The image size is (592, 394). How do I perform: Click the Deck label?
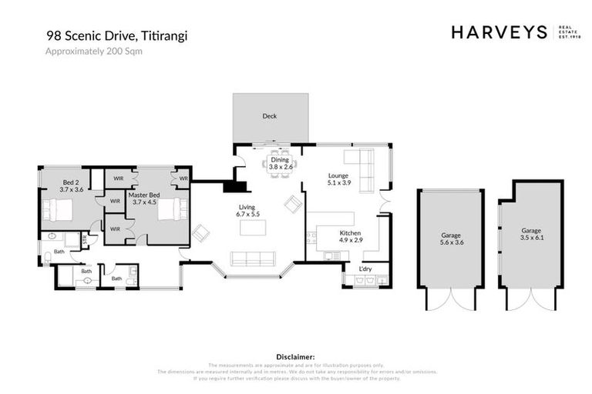[x=269, y=116]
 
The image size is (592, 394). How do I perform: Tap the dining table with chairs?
[x=276, y=164]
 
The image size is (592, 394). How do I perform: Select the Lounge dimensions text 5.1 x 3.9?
[x=339, y=183]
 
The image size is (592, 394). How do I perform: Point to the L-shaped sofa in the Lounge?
[x=362, y=165]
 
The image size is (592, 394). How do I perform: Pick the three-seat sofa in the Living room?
[x=252, y=258]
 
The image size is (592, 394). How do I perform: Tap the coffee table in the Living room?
[x=254, y=228]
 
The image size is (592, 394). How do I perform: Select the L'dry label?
[x=365, y=268]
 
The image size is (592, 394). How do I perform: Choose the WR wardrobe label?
[x=183, y=179]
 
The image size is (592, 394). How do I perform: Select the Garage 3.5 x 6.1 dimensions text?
[x=531, y=238]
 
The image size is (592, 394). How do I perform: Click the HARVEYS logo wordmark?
[x=499, y=32]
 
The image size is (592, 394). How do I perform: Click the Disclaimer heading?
[x=295, y=357]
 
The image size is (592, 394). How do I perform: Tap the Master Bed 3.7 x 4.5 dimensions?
[x=145, y=202]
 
